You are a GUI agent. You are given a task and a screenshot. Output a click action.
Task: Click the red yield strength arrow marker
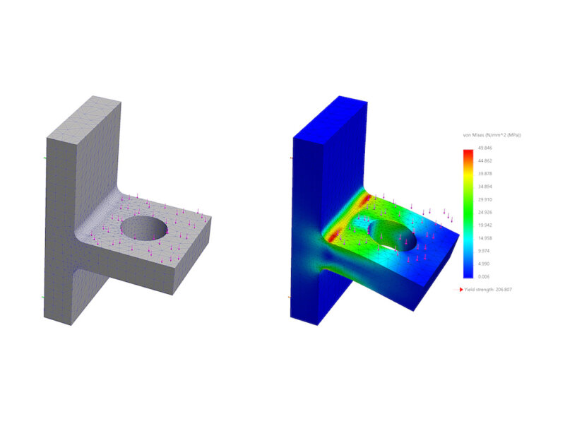[462, 290]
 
